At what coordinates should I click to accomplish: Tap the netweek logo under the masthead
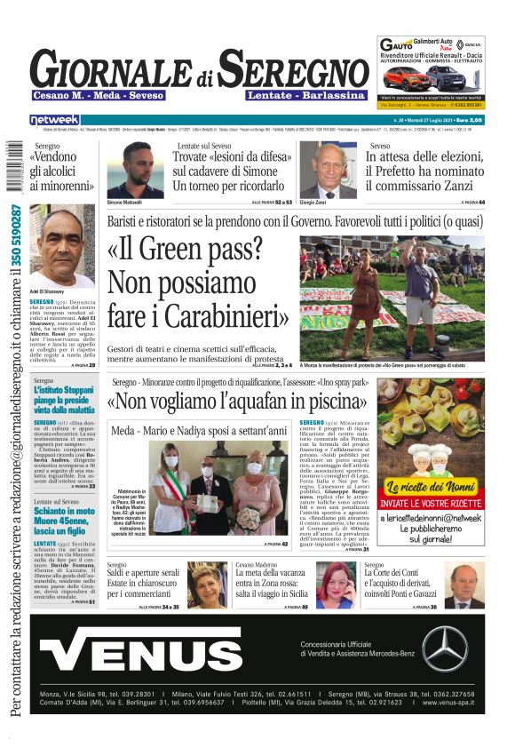click(54, 120)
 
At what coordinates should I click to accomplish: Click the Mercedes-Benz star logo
click(444, 648)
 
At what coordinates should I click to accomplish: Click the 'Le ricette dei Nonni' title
click(430, 487)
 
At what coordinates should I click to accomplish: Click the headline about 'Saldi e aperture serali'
click(143, 574)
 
